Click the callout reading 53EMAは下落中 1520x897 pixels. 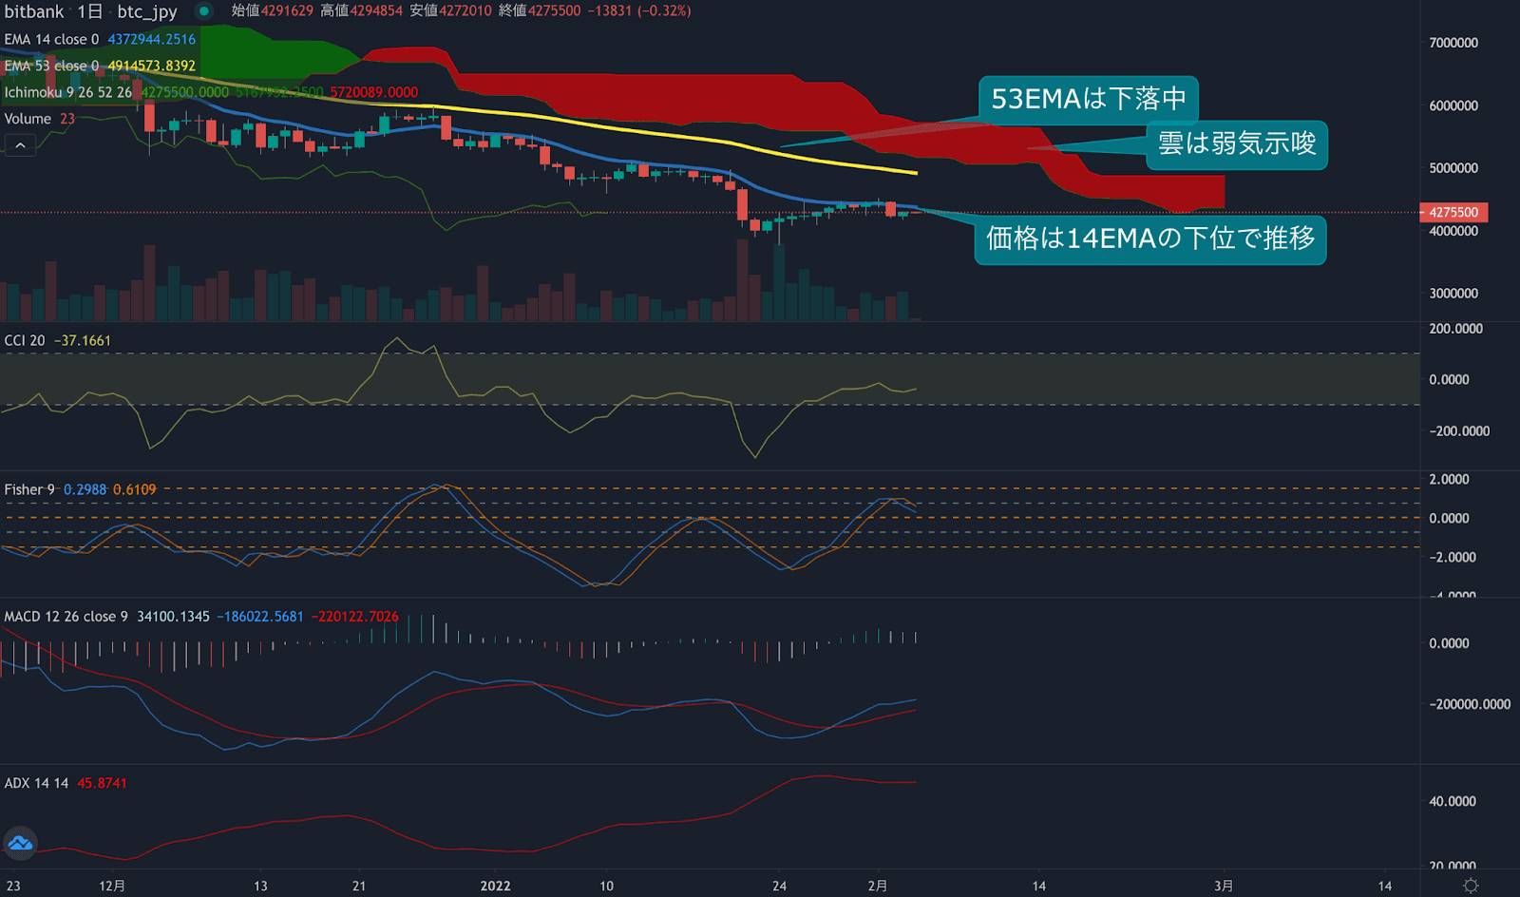tap(1088, 99)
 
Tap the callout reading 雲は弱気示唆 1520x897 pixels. tap(1236, 143)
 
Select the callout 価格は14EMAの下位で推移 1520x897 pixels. tap(1149, 238)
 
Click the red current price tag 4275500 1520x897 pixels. tap(1453, 212)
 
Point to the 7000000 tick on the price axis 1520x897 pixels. tap(1453, 43)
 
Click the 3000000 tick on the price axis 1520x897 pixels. tap(1453, 294)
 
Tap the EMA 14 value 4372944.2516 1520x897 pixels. tap(151, 39)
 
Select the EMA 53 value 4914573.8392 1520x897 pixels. tap(151, 66)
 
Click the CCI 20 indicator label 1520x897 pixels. tap(25, 340)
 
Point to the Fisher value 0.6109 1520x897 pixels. tap(134, 489)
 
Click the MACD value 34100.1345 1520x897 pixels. tap(173, 617)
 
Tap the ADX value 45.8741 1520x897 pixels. tap(102, 783)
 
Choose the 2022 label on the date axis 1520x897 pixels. tap(495, 886)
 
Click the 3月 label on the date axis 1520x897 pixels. tap(1224, 886)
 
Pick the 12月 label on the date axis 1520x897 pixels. tap(112, 886)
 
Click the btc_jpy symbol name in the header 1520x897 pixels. tap(147, 11)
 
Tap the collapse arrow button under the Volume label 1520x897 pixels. tap(20, 145)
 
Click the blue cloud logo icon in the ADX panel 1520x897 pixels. tap(20, 843)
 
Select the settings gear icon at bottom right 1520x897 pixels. tap(1471, 886)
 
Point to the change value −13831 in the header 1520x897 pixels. tap(609, 11)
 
